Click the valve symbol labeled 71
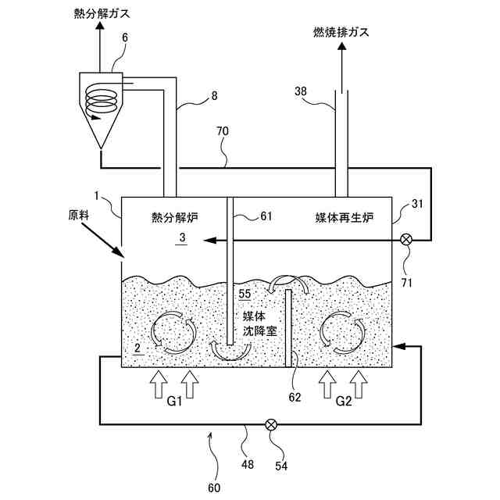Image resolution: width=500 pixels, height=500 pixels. [405, 240]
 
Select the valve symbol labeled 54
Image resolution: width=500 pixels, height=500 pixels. [271, 424]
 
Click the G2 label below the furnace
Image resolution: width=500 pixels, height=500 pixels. [343, 403]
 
